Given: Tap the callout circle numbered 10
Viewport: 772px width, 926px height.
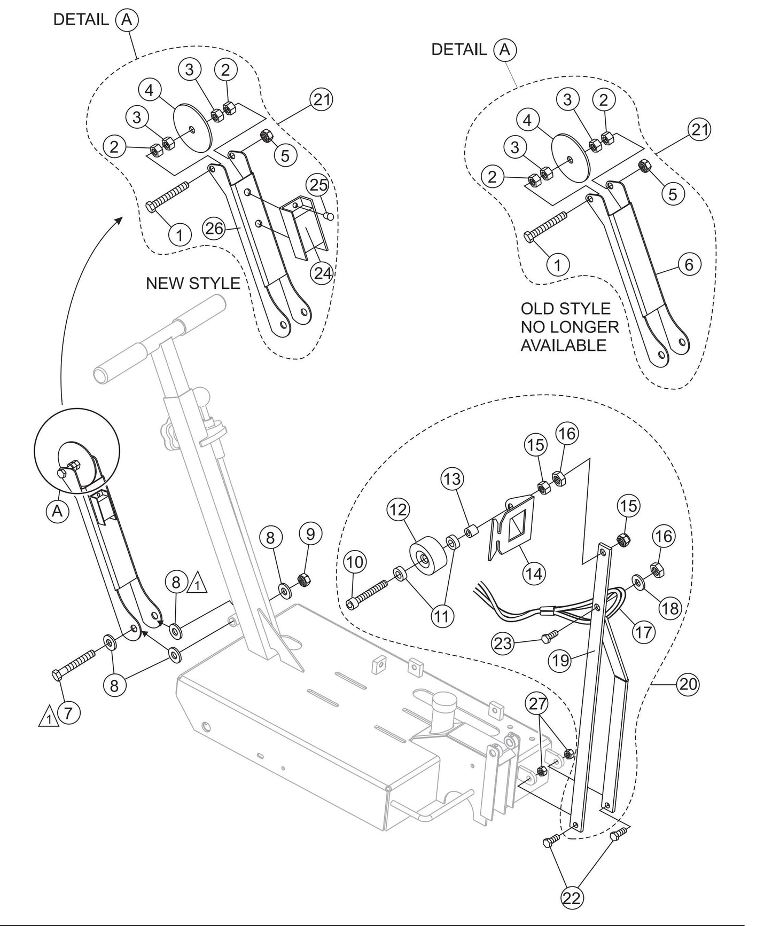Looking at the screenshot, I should (355, 562).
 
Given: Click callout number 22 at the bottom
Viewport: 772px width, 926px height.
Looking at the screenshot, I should (571, 898).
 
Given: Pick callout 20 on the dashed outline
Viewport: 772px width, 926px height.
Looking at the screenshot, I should (688, 684).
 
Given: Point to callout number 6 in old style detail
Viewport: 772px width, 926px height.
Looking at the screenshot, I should (689, 264).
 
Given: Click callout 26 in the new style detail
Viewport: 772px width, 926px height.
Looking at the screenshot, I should (214, 229).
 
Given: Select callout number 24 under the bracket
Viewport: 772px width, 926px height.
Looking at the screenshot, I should (322, 273).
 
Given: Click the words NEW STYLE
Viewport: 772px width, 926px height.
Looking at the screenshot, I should (193, 283).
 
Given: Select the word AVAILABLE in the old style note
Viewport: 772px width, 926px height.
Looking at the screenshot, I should (563, 346).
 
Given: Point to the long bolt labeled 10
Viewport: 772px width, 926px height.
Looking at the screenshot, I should (369, 594).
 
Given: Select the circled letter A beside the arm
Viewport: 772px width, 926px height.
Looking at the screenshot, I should (57, 511).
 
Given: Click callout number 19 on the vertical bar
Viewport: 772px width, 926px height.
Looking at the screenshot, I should (561, 661).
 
